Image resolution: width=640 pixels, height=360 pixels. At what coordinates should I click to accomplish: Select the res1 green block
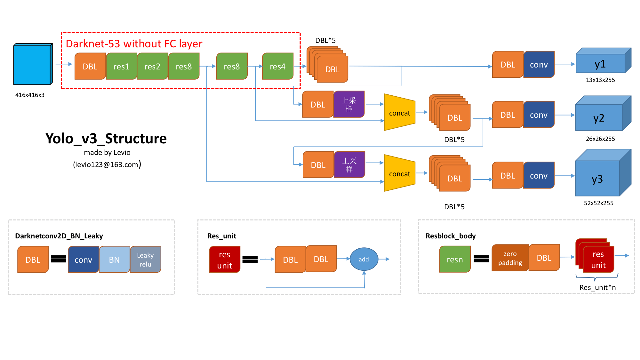coord(121,67)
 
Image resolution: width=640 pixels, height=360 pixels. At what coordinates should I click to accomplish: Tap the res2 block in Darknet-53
coord(152,67)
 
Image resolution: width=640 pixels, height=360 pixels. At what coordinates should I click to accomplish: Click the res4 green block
coord(277,67)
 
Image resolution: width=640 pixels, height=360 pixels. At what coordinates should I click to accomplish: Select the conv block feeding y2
coord(539,115)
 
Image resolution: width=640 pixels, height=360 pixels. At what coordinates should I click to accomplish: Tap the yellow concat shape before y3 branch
coord(399,173)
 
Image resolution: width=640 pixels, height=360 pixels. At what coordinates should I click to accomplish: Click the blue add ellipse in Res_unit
coord(364,259)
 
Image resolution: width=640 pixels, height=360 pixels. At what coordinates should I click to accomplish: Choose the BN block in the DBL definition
coord(114,260)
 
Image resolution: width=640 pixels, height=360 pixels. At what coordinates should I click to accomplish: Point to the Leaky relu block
coord(145,260)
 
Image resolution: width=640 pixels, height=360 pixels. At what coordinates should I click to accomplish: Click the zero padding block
coord(510,258)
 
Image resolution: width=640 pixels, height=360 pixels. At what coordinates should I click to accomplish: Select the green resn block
coord(455,260)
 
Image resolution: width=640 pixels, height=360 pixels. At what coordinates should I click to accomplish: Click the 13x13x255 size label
coord(600,80)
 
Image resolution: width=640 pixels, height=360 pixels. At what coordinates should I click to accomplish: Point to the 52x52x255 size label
coord(598,203)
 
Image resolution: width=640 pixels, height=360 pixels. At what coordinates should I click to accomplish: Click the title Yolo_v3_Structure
coord(106,139)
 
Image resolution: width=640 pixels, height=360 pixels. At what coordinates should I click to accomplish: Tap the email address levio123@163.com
coord(107,164)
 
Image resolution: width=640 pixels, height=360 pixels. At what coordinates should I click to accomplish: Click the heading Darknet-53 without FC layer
coord(134,44)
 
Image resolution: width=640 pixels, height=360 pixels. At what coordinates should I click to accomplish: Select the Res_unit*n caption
coord(597,287)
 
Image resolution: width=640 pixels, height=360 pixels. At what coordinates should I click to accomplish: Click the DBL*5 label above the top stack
coord(325,41)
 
